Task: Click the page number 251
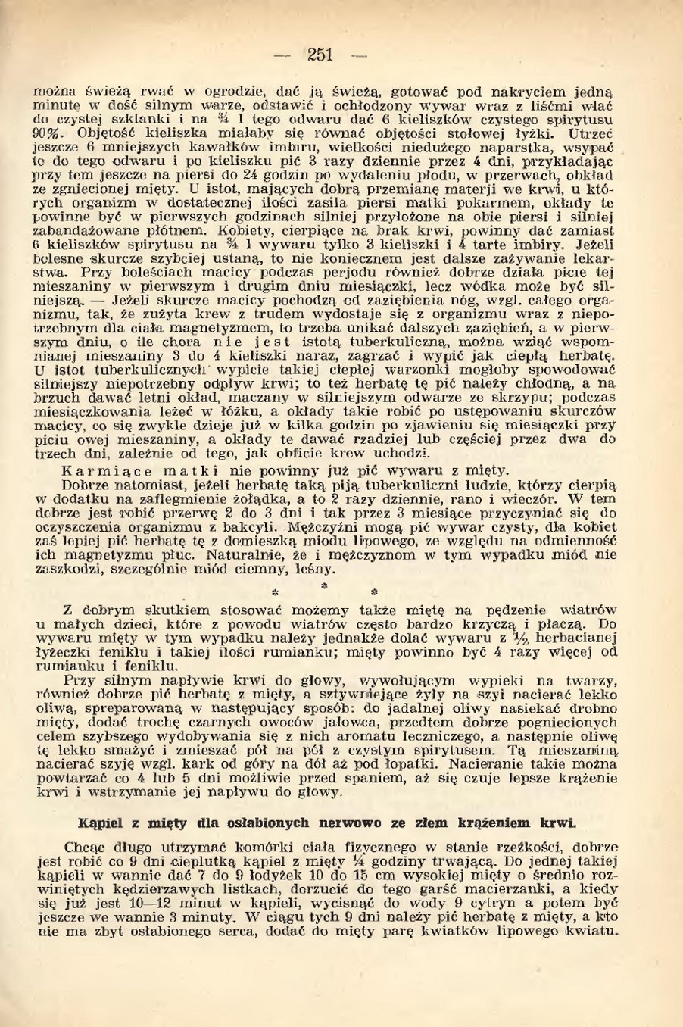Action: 320,54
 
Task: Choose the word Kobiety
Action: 243,230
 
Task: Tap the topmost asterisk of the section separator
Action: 323,586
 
